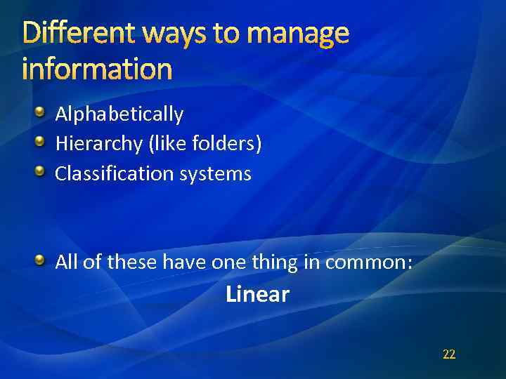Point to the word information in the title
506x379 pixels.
pos(97,69)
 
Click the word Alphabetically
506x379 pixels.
pos(119,114)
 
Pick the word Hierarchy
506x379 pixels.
pos(99,144)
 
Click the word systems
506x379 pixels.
pos(215,174)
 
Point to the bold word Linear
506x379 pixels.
pos(257,294)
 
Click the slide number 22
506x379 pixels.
pos(449,354)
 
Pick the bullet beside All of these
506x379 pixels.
pos(41,260)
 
